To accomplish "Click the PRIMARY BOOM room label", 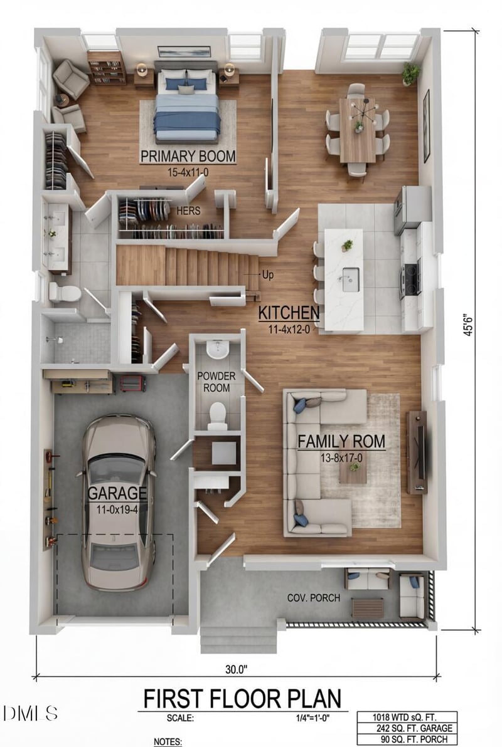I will (188, 156).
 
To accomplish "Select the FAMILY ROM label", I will (341, 441).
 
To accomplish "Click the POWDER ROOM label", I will (217, 382).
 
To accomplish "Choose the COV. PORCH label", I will (314, 598).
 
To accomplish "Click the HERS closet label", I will (188, 211).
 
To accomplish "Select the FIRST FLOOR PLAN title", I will (242, 698).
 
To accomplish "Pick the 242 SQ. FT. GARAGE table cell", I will (407, 729).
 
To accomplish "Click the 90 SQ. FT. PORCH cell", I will (407, 740).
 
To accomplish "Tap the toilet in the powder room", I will (217, 414).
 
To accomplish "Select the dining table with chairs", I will (358, 130).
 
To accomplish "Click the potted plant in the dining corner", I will (411, 73).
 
